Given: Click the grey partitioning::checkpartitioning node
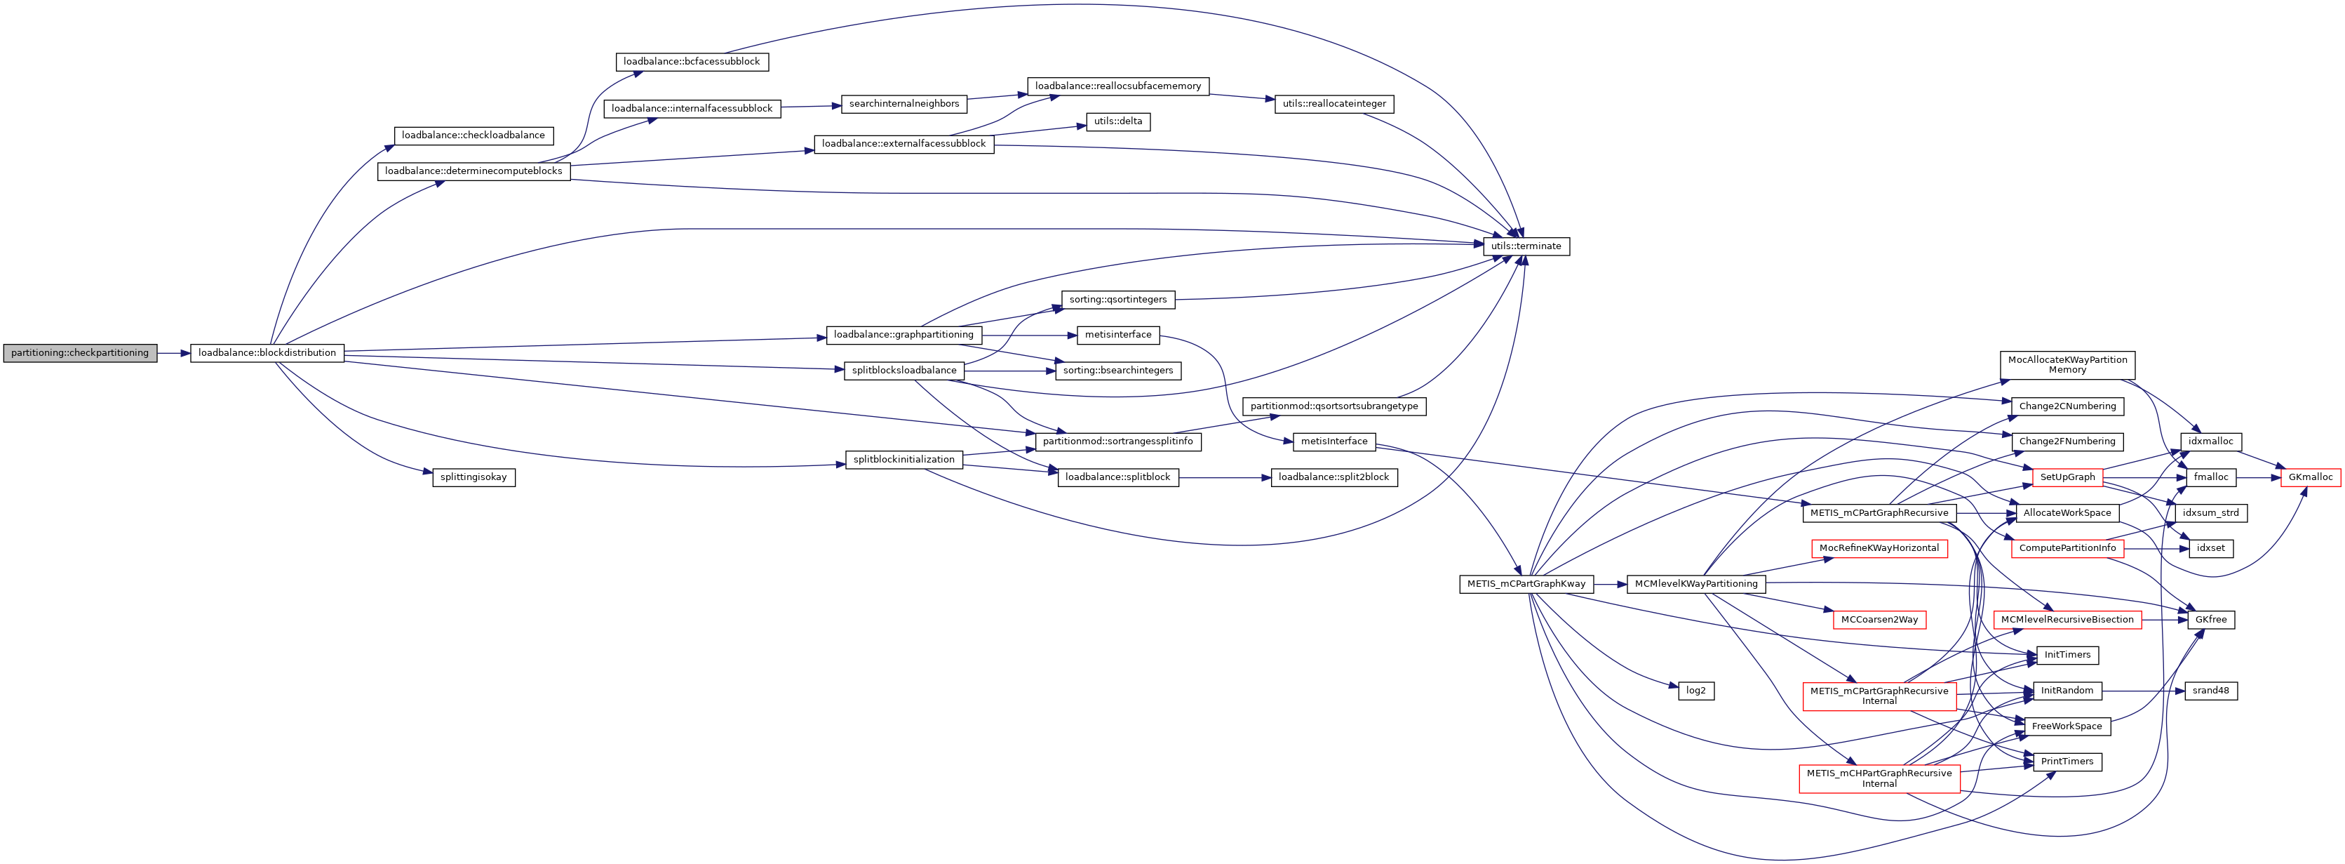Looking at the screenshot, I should click(80, 353).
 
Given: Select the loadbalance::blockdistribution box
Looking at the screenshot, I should click(267, 353).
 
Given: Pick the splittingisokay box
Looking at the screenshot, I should click(473, 477).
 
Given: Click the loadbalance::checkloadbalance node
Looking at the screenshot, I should click(473, 135).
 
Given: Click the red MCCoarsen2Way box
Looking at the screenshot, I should click(1879, 620).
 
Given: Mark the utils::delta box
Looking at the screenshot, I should click(1118, 122).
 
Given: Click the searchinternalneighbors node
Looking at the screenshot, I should click(904, 104).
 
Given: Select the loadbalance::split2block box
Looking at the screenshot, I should click(1333, 477).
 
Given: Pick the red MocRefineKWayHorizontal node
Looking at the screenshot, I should click(1879, 548).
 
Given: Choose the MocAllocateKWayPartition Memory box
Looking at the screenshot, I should click(2067, 365).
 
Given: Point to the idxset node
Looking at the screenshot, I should click(2210, 548).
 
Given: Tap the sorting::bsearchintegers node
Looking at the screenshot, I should click(1118, 371).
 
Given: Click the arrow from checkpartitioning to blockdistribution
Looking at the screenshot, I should click(173, 353).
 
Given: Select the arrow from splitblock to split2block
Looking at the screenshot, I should click(1224, 477).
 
